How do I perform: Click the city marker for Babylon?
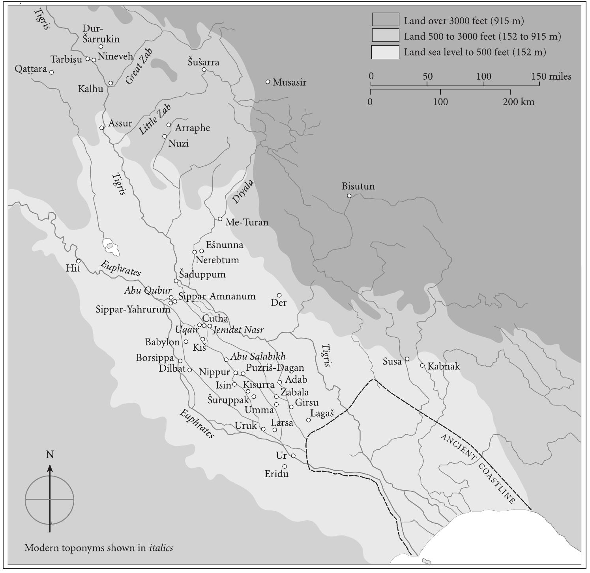coord(186,342)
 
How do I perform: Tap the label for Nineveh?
coord(115,56)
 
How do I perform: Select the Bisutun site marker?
coord(349,196)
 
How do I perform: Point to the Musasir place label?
coord(289,83)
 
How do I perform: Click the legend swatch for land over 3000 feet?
coord(385,20)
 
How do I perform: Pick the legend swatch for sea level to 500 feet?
coord(385,52)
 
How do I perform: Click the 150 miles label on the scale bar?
coord(551,76)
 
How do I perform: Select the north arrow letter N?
coord(50,455)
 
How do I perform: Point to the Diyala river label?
coord(242,192)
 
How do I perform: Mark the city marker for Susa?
coord(407,359)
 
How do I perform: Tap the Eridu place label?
coord(276,474)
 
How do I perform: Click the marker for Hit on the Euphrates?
coord(78,261)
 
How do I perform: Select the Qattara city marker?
coord(51,72)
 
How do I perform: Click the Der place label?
coord(279,303)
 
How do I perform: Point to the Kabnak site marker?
coord(422,365)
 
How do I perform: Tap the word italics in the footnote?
coord(161,548)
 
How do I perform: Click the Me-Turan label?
coord(247,223)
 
